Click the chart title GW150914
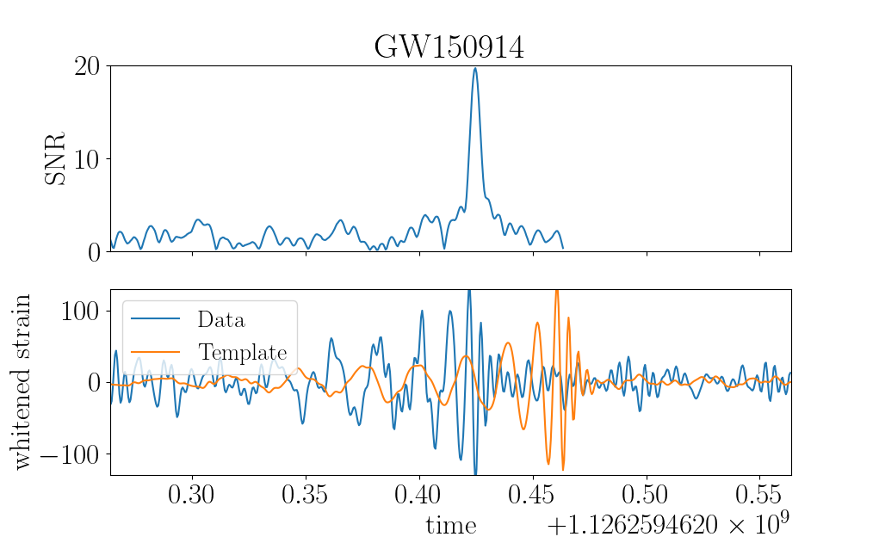(449, 47)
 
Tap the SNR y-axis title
(55, 158)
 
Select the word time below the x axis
(451, 526)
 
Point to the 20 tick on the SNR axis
(87, 66)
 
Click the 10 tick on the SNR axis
(87, 160)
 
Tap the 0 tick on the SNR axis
(94, 253)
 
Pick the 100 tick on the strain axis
(80, 311)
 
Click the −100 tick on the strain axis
(70, 454)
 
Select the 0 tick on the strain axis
(94, 383)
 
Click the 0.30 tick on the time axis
(192, 495)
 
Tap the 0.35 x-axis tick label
(305, 495)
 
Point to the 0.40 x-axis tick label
(418, 495)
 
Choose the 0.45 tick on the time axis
(532, 495)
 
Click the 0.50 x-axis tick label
(645, 495)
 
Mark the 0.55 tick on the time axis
(758, 495)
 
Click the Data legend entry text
(221, 319)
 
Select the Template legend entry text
(243, 352)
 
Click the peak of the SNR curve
(475, 68)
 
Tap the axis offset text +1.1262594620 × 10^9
(668, 524)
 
